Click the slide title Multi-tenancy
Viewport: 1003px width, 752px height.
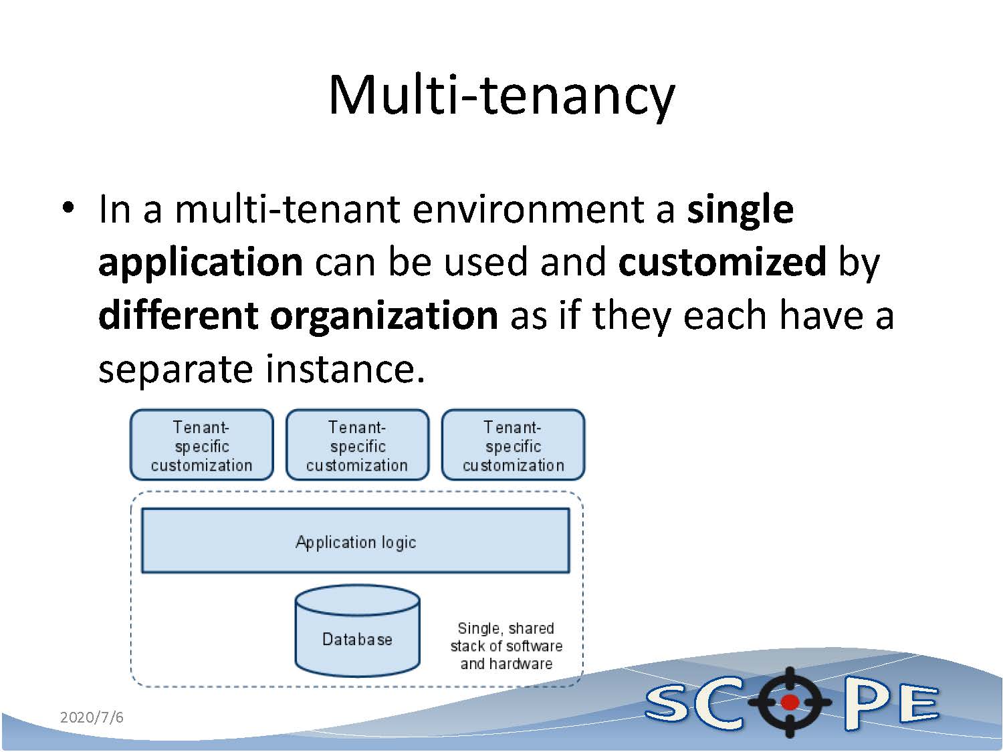[x=501, y=95]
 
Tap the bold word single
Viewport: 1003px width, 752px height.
[x=740, y=209]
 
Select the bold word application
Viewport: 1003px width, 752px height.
[x=201, y=263]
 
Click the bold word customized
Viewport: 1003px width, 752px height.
[x=722, y=261]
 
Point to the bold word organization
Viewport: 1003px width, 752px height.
[x=384, y=316]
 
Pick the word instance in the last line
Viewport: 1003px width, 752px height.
[x=345, y=368]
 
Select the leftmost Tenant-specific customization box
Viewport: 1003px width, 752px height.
[x=201, y=445]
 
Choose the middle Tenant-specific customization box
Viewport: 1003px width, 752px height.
[x=357, y=445]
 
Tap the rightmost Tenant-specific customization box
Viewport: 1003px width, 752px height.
[x=513, y=445]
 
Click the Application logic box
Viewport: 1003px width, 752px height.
[x=355, y=541]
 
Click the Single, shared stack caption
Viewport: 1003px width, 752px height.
[x=506, y=646]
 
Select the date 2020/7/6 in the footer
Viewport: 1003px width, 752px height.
[x=92, y=717]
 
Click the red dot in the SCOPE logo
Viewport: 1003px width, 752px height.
[x=790, y=702]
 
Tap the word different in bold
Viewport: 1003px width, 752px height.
[x=177, y=316]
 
